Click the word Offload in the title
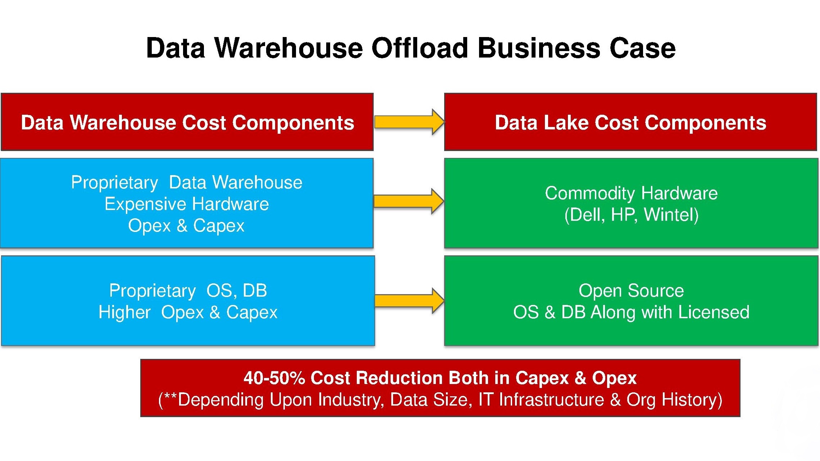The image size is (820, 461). pos(419,48)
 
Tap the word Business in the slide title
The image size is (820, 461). pos(538,48)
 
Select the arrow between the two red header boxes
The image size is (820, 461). pos(409,122)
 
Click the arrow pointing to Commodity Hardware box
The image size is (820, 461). pos(409,201)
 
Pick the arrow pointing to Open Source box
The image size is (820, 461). pos(409,301)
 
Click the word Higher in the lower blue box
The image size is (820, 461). pos(124,312)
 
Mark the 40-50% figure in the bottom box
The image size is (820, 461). pos(274,378)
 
